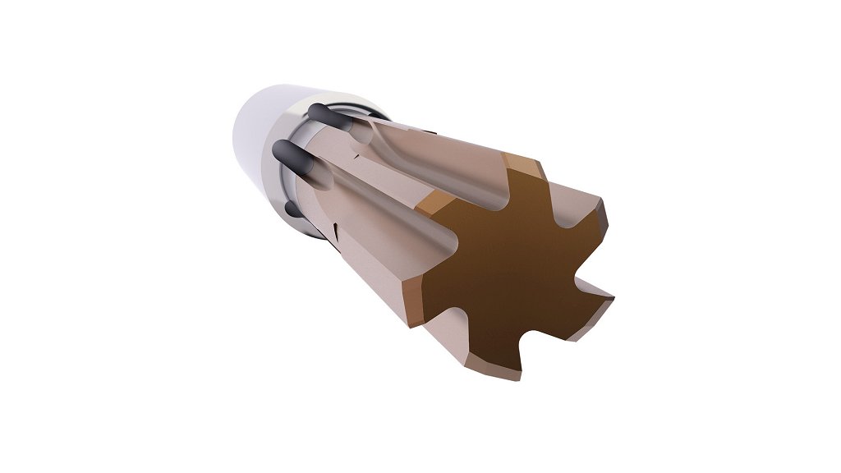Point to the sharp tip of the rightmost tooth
click(612, 295)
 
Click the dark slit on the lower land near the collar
click(336, 223)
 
